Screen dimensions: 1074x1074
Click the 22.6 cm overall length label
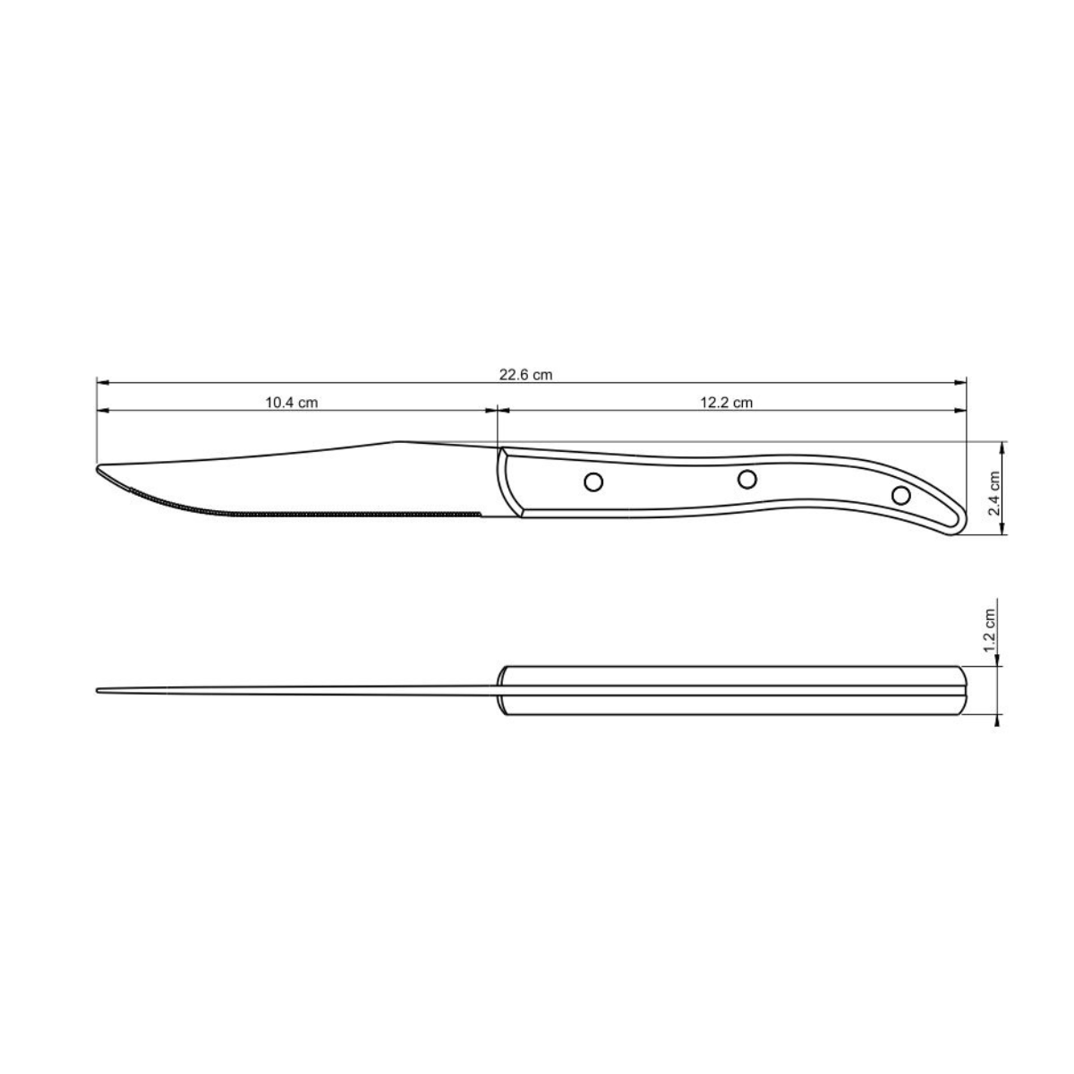click(526, 375)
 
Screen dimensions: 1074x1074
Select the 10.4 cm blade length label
click(292, 403)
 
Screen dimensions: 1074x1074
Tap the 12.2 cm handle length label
click(726, 403)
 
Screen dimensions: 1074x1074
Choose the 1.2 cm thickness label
click(989, 630)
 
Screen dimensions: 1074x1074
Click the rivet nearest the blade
click(592, 482)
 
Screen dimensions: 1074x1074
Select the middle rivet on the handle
click(746, 479)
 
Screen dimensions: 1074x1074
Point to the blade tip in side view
click(98, 467)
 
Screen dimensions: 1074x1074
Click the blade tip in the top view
click(98, 690)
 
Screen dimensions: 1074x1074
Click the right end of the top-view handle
click(966, 690)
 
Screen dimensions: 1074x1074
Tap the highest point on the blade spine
click(398, 441)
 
